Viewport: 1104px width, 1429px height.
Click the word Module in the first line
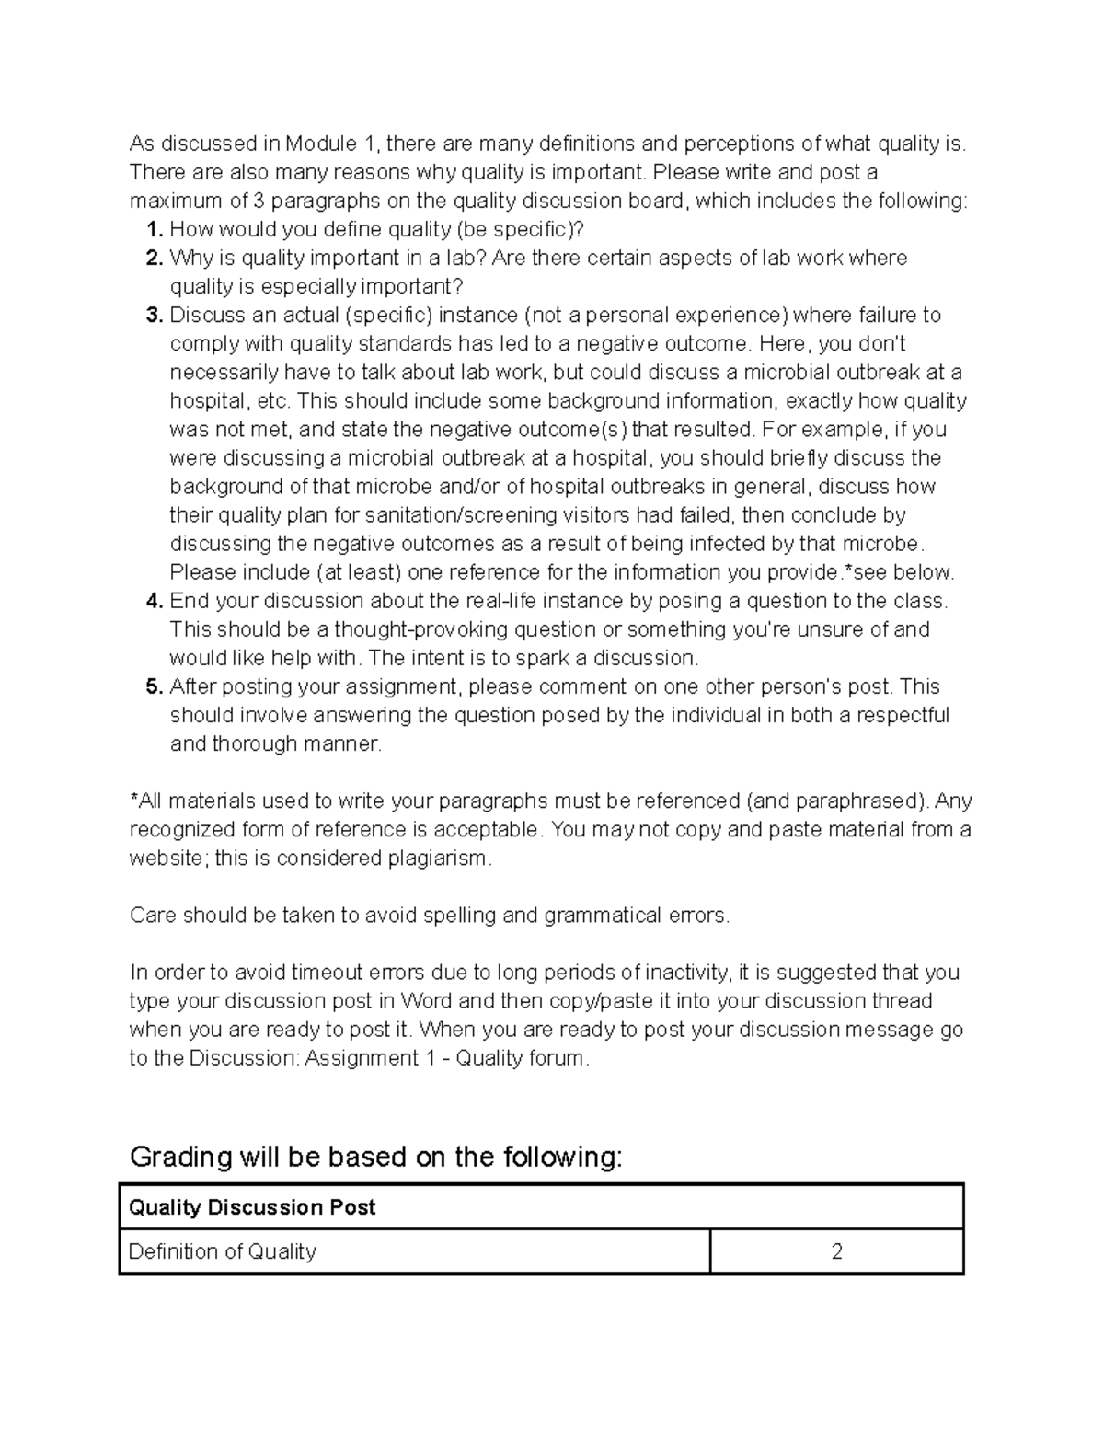(x=320, y=144)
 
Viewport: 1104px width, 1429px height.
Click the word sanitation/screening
(x=461, y=514)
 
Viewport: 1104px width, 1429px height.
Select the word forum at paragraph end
(x=556, y=1058)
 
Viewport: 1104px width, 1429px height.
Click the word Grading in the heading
(x=181, y=1157)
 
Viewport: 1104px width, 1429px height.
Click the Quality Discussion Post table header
(x=252, y=1207)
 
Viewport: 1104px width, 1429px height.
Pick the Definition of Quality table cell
(x=223, y=1251)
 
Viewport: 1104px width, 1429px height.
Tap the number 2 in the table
(x=836, y=1251)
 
